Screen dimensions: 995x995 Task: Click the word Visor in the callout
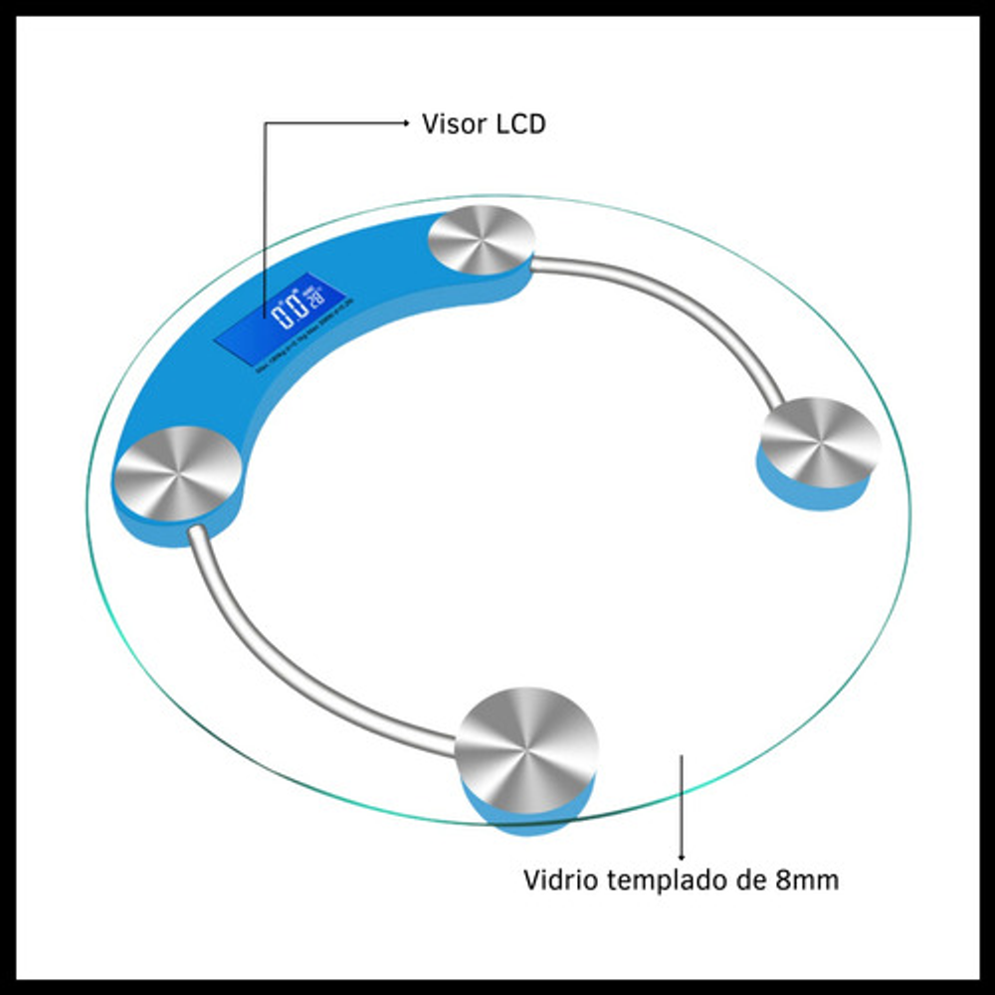(x=454, y=124)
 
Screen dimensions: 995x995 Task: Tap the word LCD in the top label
(x=520, y=124)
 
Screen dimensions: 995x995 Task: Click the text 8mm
(x=807, y=881)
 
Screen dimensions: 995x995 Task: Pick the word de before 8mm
(x=755, y=881)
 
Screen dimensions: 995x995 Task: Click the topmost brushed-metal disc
(x=481, y=238)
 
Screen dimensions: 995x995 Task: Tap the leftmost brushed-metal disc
(x=176, y=474)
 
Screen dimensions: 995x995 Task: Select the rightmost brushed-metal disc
(x=820, y=442)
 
